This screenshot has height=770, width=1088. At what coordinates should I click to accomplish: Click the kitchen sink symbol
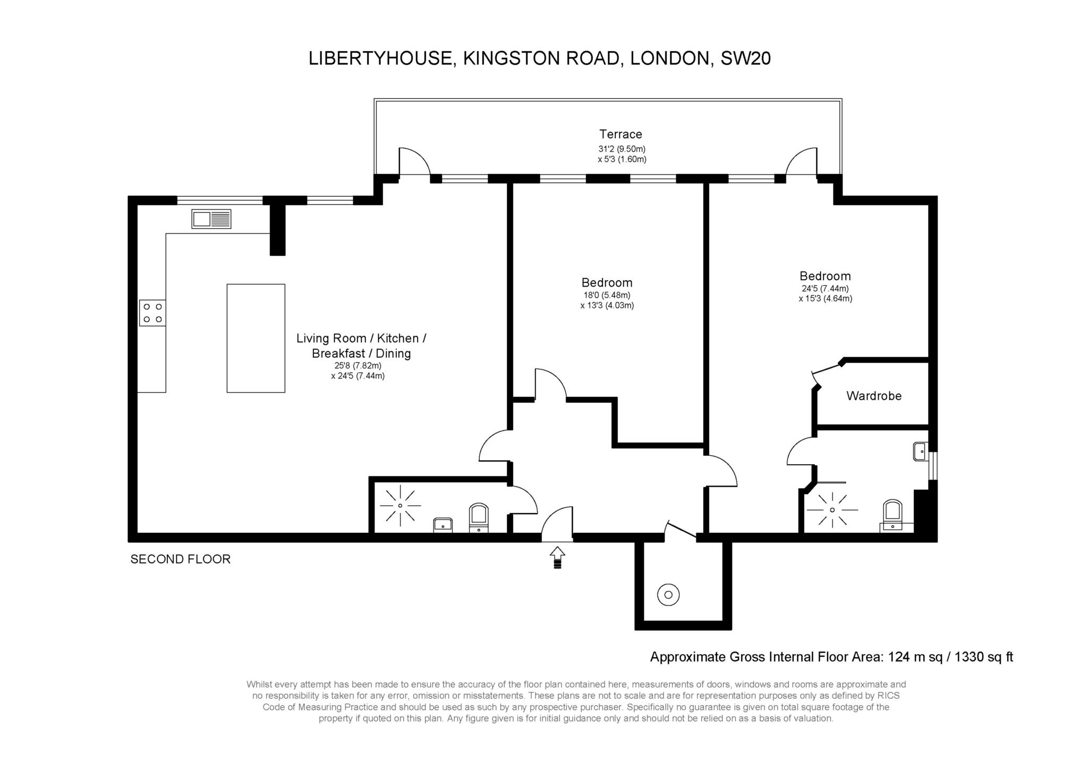pyautogui.click(x=211, y=219)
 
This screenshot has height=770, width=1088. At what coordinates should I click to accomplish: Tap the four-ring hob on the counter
pyautogui.click(x=152, y=313)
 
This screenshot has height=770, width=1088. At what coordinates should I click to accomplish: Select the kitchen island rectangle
pyautogui.click(x=256, y=338)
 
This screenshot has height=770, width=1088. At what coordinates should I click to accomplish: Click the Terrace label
pyautogui.click(x=620, y=134)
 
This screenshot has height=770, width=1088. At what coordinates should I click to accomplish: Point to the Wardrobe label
pyautogui.click(x=873, y=396)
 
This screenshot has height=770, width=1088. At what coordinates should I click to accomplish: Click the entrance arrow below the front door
pyautogui.click(x=557, y=558)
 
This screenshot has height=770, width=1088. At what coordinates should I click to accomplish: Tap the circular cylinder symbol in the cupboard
pyautogui.click(x=668, y=595)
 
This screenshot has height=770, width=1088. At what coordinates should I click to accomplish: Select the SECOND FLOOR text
pyautogui.click(x=180, y=559)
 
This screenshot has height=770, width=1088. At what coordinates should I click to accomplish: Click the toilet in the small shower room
pyautogui.click(x=479, y=517)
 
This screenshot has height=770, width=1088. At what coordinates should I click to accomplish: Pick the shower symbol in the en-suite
pyautogui.click(x=832, y=510)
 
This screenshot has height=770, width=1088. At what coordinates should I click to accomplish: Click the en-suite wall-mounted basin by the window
pyautogui.click(x=920, y=452)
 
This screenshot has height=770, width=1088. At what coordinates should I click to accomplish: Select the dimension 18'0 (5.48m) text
pyautogui.click(x=607, y=295)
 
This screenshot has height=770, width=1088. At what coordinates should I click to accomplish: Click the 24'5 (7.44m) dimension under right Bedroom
pyautogui.click(x=825, y=288)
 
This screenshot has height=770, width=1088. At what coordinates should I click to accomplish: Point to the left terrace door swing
pyautogui.click(x=413, y=162)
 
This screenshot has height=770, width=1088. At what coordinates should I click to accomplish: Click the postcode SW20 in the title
pyautogui.click(x=745, y=58)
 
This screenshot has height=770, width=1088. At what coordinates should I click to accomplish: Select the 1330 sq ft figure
pyautogui.click(x=983, y=657)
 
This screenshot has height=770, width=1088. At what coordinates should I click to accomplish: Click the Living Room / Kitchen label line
pyautogui.click(x=361, y=338)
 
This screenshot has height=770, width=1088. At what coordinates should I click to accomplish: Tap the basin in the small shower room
pyautogui.click(x=443, y=524)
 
